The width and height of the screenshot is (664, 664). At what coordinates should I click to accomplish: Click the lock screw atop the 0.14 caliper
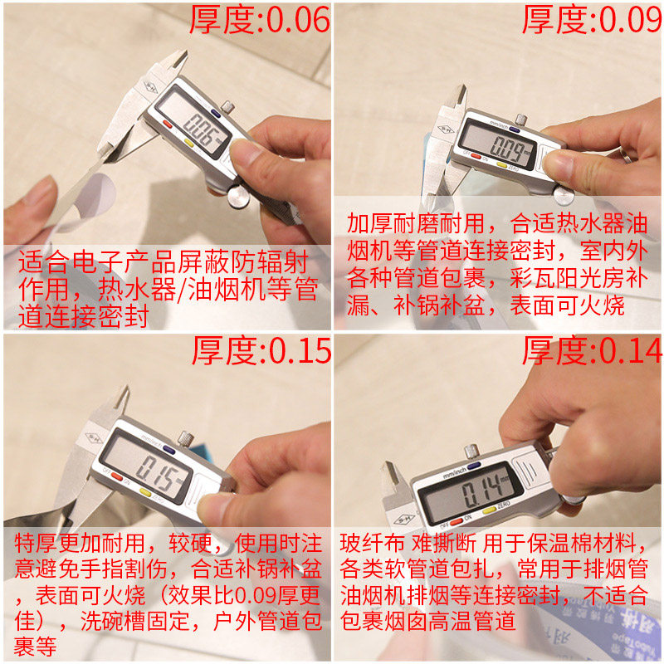pyautogui.click(x=471, y=452)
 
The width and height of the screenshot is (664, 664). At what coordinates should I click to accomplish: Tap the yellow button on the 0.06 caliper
pyautogui.click(x=188, y=142)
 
